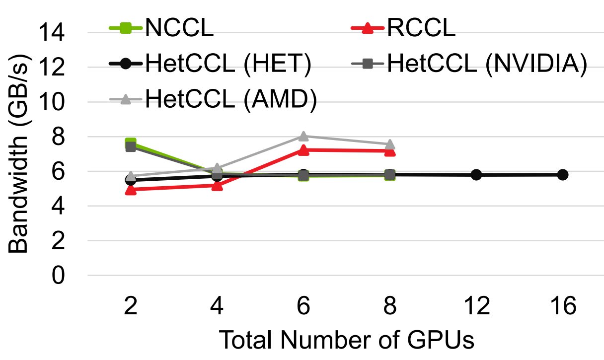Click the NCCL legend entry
point(179,29)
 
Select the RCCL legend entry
point(420,29)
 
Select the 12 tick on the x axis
point(476,306)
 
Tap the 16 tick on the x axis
point(562,306)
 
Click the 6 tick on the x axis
point(303,306)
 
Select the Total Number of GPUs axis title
point(346,340)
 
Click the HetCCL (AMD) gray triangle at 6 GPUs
point(303,136)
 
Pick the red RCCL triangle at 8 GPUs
point(390,151)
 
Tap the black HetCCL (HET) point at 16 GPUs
point(562,175)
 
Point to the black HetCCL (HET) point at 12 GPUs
point(476,175)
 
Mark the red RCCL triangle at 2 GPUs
point(131,189)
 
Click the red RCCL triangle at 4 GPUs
point(217,186)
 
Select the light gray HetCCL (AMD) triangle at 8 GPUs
point(390,144)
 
